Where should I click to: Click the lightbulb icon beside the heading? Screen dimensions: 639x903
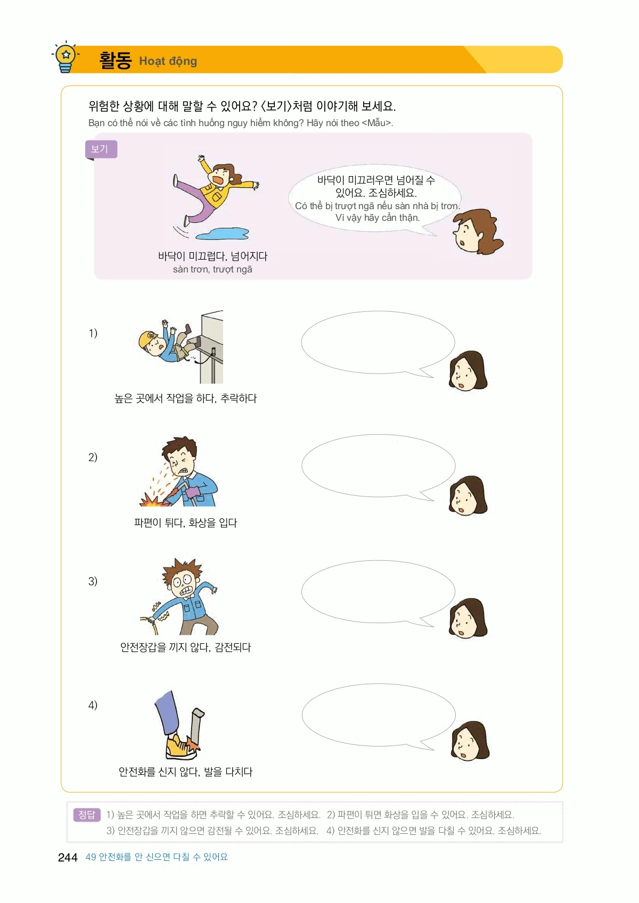coord(65,57)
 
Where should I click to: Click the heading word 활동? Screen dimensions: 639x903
coord(116,61)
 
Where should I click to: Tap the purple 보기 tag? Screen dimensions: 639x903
coord(101,149)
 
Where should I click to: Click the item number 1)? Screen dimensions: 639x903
coord(93,333)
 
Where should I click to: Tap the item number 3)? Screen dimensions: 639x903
coord(93,581)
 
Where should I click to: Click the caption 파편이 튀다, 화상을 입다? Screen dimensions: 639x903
coord(185,523)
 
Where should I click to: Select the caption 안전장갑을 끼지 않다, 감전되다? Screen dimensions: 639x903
coord(185,648)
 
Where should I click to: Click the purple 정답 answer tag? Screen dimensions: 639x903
coord(86,815)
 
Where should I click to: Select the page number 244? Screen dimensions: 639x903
coord(68,857)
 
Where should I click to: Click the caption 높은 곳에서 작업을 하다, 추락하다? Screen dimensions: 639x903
coord(185,398)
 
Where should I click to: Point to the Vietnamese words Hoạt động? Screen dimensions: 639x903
coord(168,61)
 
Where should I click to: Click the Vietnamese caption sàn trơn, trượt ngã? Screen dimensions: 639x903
coord(212,269)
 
